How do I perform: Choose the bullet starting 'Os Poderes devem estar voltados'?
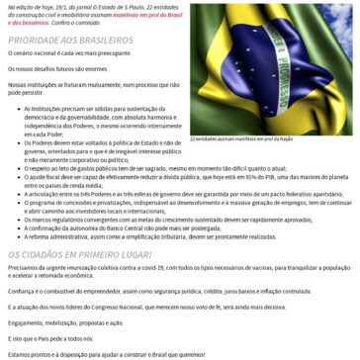click(x=94, y=146)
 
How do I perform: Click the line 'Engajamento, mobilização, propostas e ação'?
click(x=64, y=321)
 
